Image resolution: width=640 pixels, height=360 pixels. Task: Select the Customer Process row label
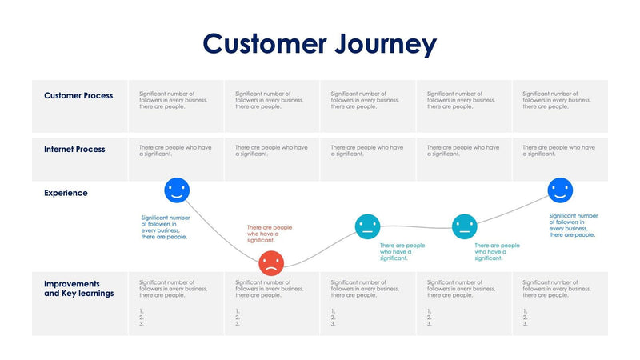pyautogui.click(x=78, y=96)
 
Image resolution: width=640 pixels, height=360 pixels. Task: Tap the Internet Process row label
pyautogui.click(x=74, y=150)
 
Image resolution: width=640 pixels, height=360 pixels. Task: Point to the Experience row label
pyautogui.click(x=66, y=193)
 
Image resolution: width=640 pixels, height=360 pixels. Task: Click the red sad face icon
pyautogui.click(x=271, y=262)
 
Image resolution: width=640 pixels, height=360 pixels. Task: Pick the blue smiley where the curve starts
pyautogui.click(x=177, y=190)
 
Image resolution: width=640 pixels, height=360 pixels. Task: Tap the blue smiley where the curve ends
pyautogui.click(x=560, y=190)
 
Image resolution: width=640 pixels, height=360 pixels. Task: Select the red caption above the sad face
pyautogui.click(x=270, y=234)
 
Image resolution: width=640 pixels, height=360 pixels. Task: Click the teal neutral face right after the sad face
pyautogui.click(x=367, y=226)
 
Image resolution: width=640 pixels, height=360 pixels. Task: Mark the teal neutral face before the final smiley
pyautogui.click(x=464, y=226)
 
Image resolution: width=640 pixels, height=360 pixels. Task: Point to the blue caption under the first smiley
pyautogui.click(x=166, y=227)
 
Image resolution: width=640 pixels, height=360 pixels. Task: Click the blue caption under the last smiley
pyautogui.click(x=574, y=225)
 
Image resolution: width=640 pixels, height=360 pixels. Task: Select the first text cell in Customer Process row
pyautogui.click(x=173, y=100)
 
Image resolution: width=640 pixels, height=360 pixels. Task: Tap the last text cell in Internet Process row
pyautogui.click(x=558, y=150)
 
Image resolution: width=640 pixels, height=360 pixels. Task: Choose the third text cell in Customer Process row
pyautogui.click(x=365, y=100)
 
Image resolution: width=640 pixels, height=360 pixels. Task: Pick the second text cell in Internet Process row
pyautogui.click(x=271, y=150)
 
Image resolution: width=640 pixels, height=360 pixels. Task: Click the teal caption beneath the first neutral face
pyautogui.click(x=402, y=252)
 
